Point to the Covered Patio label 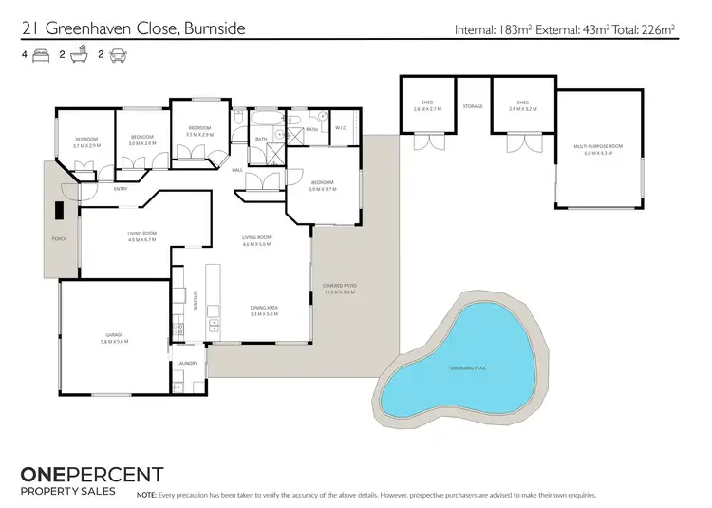pyautogui.click(x=339, y=288)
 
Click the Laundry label pyautogui.click(x=186, y=363)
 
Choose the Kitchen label pyautogui.click(x=196, y=298)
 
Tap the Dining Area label pyautogui.click(x=263, y=310)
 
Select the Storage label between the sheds pyautogui.click(x=472, y=106)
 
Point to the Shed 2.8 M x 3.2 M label pyautogui.click(x=522, y=106)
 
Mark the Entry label pyautogui.click(x=121, y=188)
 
